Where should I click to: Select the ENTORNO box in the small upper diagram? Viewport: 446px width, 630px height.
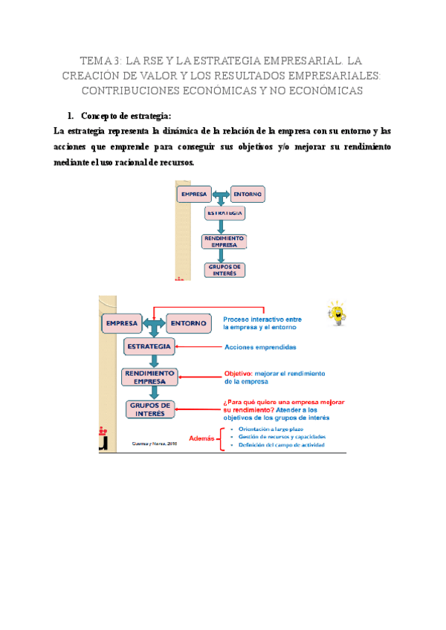pos(248,194)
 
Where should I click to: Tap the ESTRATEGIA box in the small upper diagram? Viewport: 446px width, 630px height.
pos(225,213)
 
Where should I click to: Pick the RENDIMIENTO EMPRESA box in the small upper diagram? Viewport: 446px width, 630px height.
pos(224,241)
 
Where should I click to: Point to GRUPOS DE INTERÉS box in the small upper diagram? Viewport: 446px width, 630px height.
pos(224,270)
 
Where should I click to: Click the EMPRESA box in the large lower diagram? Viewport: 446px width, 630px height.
pos(123,324)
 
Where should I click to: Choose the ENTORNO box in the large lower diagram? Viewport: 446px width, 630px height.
pos(188,324)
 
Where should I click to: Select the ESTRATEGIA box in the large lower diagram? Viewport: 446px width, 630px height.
pos(150,347)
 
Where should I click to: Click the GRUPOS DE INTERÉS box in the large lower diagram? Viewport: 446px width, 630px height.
pos(151,409)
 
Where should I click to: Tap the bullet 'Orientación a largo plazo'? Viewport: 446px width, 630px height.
pos(266,429)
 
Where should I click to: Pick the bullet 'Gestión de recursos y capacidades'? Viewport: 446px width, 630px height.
pos(277,438)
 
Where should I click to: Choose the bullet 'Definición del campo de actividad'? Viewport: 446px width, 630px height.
pos(277,446)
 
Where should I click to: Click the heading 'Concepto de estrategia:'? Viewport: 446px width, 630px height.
pos(126,116)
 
